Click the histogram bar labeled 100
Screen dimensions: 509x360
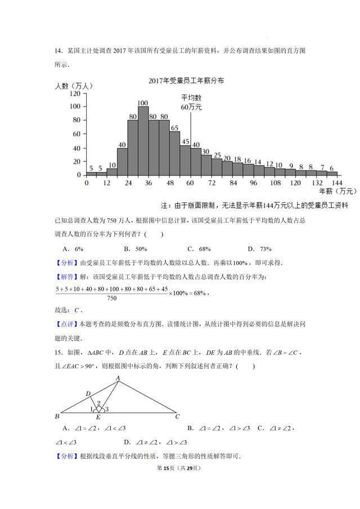[x=143, y=141]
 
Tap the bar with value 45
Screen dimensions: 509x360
[x=185, y=160]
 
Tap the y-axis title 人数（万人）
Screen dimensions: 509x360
[x=74, y=86]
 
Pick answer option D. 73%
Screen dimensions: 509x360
[x=259, y=249]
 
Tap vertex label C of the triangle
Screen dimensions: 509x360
[x=177, y=417]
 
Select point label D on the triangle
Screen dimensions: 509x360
[x=87, y=393]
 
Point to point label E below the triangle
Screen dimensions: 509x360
[x=98, y=418]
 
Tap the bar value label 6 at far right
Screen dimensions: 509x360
[x=332, y=168]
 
